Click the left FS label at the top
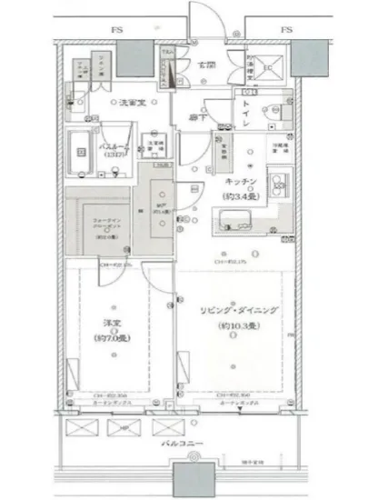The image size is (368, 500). pos(116,30)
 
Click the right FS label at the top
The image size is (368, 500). pos(286,30)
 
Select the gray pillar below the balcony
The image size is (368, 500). pos(187,480)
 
